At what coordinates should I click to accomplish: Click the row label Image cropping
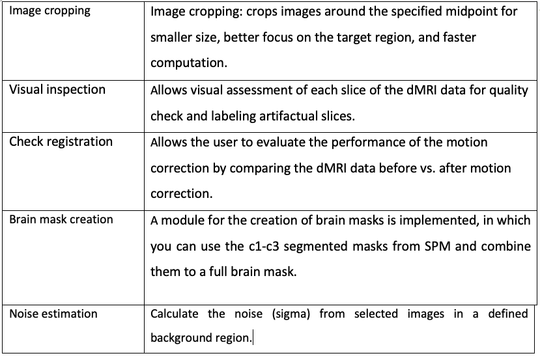coord(50,11)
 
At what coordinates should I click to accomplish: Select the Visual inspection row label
coord(57,90)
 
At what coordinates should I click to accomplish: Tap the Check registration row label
coord(61,142)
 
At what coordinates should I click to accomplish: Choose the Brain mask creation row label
coord(61,220)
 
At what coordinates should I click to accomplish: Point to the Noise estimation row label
coord(53,314)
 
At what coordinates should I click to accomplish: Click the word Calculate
coord(175,314)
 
